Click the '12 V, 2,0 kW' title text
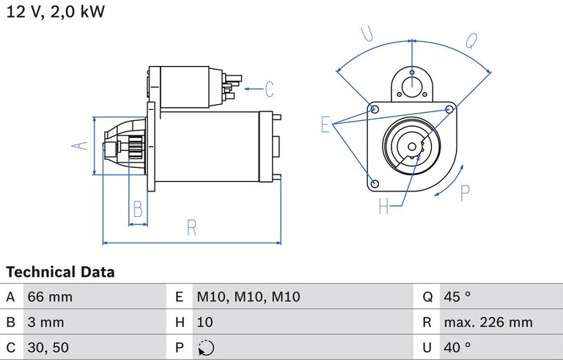coord(55,12)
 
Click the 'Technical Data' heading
coord(61,272)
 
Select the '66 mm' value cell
coord(50,298)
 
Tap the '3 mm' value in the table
coord(46,322)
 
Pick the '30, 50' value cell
coord(49,347)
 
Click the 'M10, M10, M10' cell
coord(249,298)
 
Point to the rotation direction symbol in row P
coord(206,348)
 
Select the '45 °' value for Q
coord(457,298)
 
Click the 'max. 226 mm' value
coord(487,322)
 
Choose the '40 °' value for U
coord(457,347)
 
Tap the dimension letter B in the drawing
coord(137,210)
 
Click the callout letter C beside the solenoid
coord(269,89)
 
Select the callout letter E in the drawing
coord(325,125)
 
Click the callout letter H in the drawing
coord(383,207)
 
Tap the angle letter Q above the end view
coord(471,40)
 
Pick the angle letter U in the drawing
coord(368,33)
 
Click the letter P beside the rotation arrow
coord(465,193)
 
